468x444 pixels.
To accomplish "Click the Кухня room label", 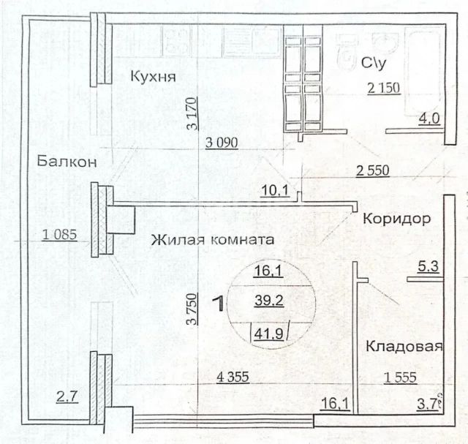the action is click(x=153, y=77).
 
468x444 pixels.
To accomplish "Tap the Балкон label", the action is click(x=67, y=162).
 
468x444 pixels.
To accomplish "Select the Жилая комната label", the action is click(x=212, y=240).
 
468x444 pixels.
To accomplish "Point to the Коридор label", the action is click(x=396, y=219).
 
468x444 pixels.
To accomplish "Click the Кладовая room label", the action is click(x=404, y=347).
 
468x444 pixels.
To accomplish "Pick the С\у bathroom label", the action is click(x=374, y=63).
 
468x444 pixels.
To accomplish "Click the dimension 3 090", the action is click(x=222, y=143).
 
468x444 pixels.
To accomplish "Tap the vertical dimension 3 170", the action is click(x=192, y=113).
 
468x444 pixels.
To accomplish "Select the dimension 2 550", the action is click(x=373, y=170).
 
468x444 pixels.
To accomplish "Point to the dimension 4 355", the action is click(x=233, y=377).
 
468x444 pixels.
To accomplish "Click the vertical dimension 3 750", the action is click(x=192, y=309).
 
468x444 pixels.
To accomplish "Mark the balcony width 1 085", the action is click(x=60, y=235).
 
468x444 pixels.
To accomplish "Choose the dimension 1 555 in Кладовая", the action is click(x=400, y=377).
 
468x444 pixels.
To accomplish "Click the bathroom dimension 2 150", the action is click(x=383, y=88).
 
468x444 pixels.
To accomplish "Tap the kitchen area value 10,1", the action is click(x=275, y=190).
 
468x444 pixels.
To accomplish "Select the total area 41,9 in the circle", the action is click(x=268, y=334).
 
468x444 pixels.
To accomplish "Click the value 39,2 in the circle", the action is click(x=269, y=301).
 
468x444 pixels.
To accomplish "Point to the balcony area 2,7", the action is click(x=67, y=397).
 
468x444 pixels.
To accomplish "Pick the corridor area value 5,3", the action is click(x=428, y=266).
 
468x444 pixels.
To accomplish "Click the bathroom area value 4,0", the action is click(x=429, y=118).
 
